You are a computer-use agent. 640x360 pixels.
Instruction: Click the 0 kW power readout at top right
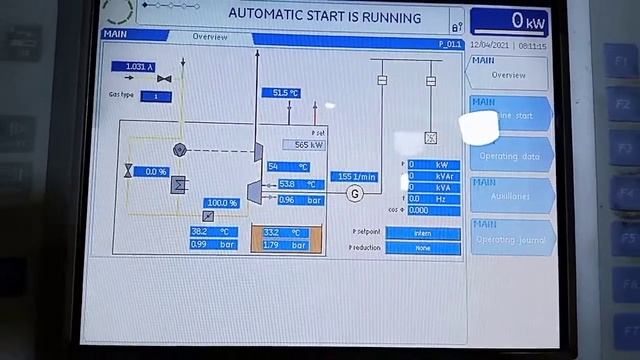click(x=510, y=20)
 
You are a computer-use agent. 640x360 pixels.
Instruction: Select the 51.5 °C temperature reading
click(x=280, y=93)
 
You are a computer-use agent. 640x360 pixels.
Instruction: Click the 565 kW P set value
click(x=304, y=145)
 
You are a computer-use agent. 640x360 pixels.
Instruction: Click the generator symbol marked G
click(x=354, y=194)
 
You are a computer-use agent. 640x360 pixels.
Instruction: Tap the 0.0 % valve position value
click(x=155, y=172)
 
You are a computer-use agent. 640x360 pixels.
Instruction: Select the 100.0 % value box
click(x=221, y=203)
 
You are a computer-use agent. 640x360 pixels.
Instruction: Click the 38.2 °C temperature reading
click(x=213, y=232)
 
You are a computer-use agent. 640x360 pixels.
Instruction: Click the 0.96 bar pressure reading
click(x=300, y=200)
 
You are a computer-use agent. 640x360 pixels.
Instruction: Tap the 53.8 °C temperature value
click(x=300, y=185)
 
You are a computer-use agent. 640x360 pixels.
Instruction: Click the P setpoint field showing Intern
click(x=423, y=233)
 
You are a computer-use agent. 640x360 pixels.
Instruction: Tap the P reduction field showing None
click(x=423, y=247)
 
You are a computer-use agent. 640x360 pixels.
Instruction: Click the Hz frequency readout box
click(x=433, y=199)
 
